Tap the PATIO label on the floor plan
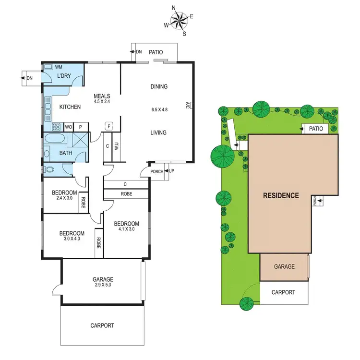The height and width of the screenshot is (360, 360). click(x=156, y=52)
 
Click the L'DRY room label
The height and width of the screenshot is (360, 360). click(x=64, y=77)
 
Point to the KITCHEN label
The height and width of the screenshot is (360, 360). click(x=70, y=107)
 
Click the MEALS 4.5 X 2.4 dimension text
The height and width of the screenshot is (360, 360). click(x=102, y=98)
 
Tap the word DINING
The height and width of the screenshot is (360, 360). click(x=159, y=87)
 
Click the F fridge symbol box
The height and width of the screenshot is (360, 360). click(x=109, y=126)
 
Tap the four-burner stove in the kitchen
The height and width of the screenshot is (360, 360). click(x=56, y=127)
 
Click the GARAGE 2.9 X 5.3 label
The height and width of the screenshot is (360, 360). click(x=103, y=282)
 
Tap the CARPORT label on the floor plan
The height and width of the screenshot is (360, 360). click(x=102, y=325)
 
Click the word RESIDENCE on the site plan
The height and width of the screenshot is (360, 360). click(x=281, y=195)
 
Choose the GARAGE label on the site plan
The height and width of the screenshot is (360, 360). click(x=284, y=267)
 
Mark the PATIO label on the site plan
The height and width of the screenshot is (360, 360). click(x=316, y=129)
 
